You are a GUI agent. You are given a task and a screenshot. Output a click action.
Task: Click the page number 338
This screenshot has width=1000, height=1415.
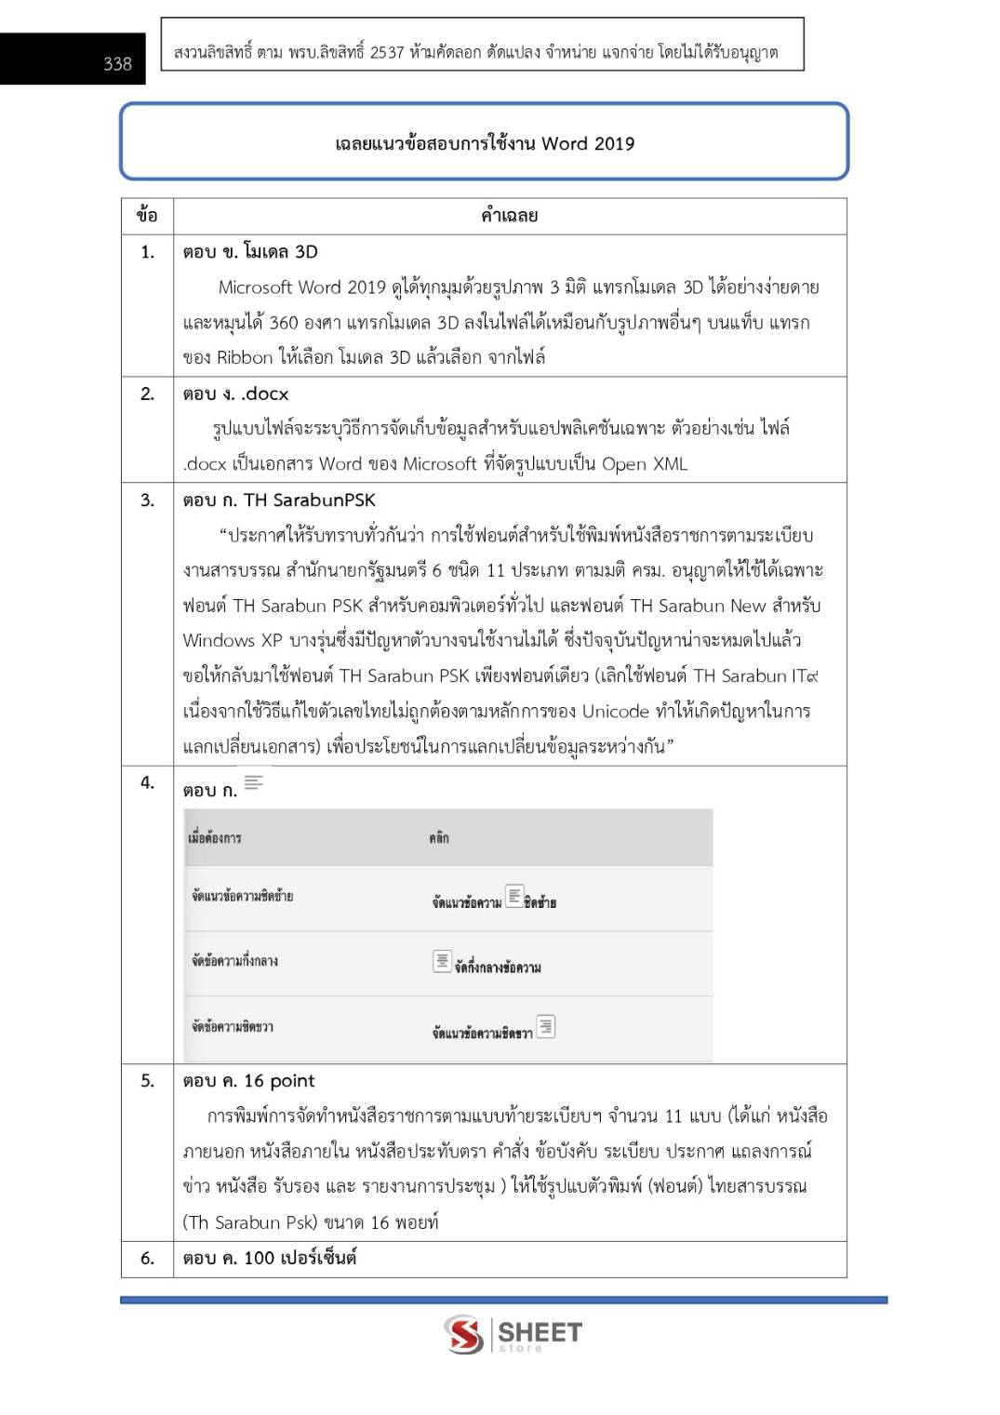117,63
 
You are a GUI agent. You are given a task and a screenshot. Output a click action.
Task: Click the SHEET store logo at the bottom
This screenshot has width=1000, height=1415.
513,1334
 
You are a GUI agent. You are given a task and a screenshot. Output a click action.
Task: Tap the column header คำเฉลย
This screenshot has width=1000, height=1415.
509,216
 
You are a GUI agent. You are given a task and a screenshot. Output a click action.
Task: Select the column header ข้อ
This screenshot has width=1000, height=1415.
147,216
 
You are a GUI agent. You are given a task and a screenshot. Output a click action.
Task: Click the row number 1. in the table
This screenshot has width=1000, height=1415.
147,251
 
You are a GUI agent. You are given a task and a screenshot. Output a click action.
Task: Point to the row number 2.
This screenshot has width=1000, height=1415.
147,394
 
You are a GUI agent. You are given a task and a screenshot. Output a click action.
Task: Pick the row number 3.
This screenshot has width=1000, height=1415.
147,500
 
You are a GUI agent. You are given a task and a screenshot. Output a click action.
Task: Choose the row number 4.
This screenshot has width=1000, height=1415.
147,782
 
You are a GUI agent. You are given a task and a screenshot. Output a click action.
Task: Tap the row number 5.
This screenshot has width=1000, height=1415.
147,1080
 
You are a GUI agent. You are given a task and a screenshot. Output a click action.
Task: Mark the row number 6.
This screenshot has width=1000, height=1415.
147,1258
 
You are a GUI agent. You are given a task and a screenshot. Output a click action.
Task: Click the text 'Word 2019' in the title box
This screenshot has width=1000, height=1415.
588,143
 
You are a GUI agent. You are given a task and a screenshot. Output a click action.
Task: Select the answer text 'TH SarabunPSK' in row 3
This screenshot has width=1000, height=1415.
309,500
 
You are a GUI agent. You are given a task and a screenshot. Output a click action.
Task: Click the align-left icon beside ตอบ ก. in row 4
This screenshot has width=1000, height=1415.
254,782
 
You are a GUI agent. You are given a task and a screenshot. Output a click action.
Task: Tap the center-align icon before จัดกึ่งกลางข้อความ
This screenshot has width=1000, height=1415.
443,960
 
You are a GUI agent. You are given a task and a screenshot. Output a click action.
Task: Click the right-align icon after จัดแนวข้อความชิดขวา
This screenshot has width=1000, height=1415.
545,1026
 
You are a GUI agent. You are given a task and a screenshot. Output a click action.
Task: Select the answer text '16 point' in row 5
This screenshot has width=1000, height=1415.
279,1080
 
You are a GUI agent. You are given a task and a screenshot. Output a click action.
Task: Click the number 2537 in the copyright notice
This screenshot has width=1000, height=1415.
387,52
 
